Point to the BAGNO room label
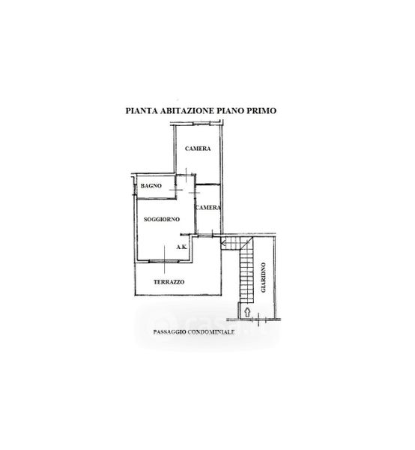click(151, 186)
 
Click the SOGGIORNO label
click(162, 219)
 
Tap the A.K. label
click(182, 247)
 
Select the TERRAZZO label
click(169, 282)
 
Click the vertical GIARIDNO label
click(263, 277)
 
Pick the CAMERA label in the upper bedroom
click(198, 148)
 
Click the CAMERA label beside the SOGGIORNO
click(208, 208)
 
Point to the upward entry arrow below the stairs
click(247, 312)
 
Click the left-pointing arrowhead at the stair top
click(223, 244)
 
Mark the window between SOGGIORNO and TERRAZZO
click(164, 261)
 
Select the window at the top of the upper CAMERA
click(202, 124)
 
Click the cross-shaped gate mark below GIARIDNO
click(258, 319)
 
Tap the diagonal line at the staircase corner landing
click(246, 243)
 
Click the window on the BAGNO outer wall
click(134, 190)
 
